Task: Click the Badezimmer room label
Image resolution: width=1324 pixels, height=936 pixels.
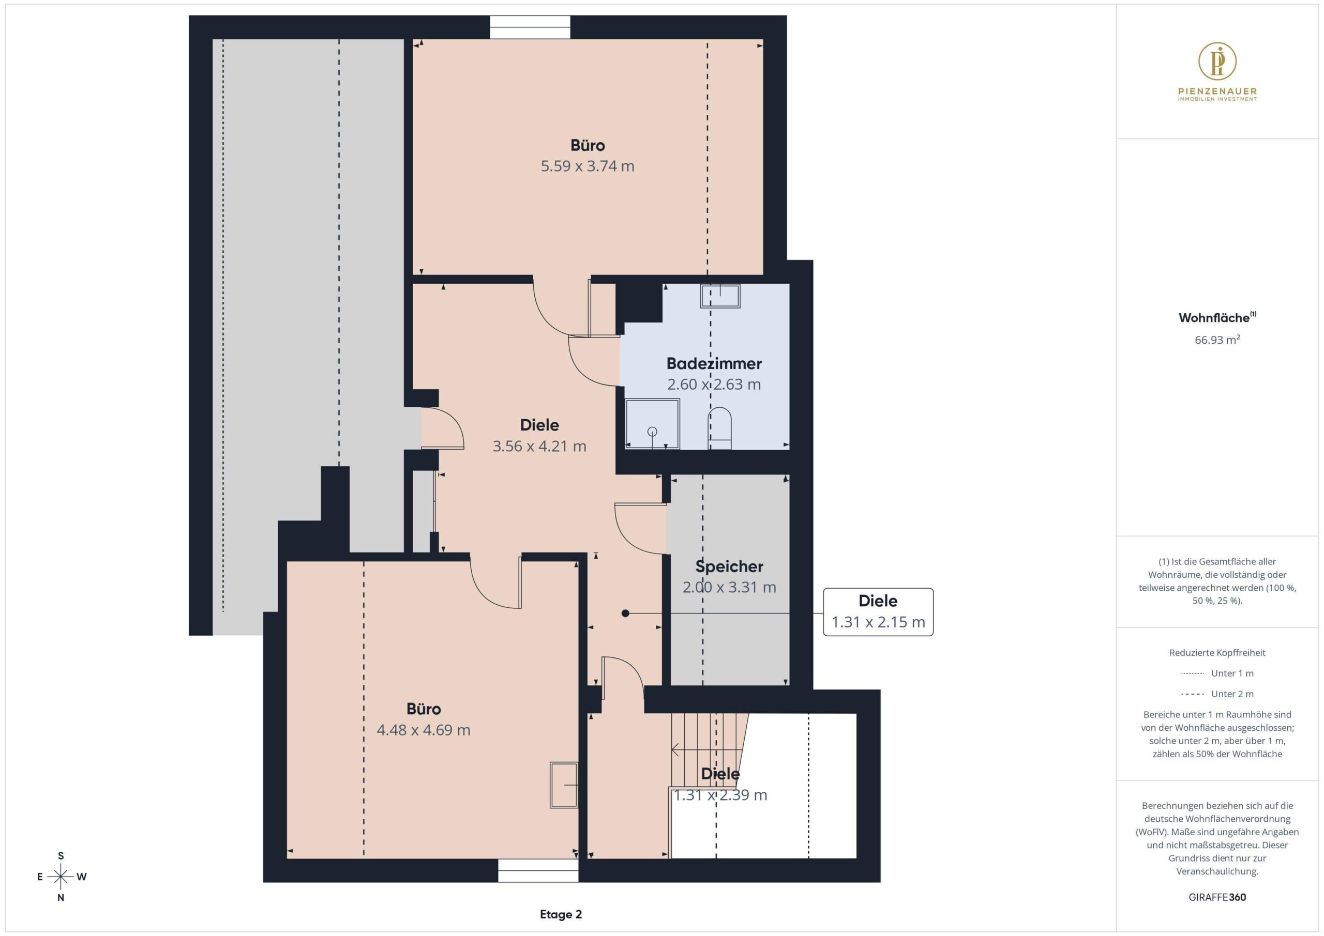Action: coord(714,364)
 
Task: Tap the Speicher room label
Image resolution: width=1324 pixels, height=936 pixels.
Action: coord(729,566)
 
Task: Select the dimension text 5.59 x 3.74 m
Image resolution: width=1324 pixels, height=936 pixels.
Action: coord(587,166)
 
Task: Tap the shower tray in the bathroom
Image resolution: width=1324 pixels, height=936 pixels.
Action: coord(652,424)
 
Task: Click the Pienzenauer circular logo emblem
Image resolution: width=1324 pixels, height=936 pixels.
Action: coord(1217,60)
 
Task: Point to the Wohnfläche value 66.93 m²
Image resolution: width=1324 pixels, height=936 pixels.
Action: coord(1217,340)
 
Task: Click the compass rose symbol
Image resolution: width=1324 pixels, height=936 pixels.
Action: coord(61,877)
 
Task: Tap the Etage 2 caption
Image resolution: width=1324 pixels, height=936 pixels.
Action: coord(561,914)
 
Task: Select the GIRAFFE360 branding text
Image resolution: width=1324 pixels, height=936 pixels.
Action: coord(1217,897)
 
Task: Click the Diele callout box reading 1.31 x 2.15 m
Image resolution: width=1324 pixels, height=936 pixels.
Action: coord(878,612)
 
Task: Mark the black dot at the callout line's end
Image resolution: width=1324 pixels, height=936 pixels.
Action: coord(625,613)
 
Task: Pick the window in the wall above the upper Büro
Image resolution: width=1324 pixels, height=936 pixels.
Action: coord(530,27)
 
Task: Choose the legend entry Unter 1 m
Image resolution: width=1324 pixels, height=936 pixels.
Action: coord(1217,673)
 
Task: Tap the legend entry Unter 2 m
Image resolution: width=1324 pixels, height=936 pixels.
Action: coord(1217,694)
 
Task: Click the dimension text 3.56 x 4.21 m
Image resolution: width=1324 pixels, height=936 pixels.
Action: coord(539,446)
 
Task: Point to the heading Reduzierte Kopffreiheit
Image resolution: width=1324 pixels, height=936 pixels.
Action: coord(1217,652)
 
